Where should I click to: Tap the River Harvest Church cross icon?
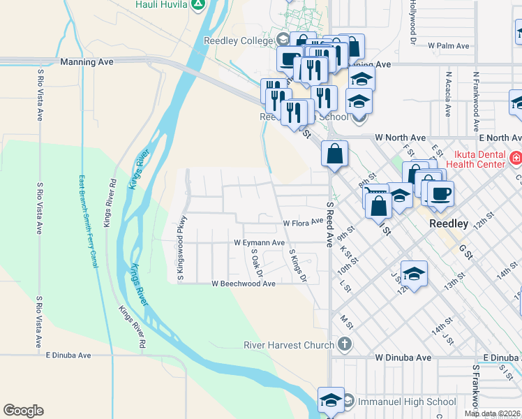(x=343, y=344)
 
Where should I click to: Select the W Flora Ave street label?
(x=304, y=223)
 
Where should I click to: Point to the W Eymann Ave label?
(x=259, y=242)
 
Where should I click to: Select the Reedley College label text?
(x=237, y=41)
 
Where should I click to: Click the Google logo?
(x=23, y=411)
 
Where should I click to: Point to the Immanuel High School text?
(x=407, y=402)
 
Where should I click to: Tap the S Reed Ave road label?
(x=329, y=223)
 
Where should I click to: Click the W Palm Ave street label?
(x=449, y=45)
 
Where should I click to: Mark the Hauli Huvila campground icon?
(x=198, y=4)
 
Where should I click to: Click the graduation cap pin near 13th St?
(x=414, y=274)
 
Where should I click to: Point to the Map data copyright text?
(x=492, y=413)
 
